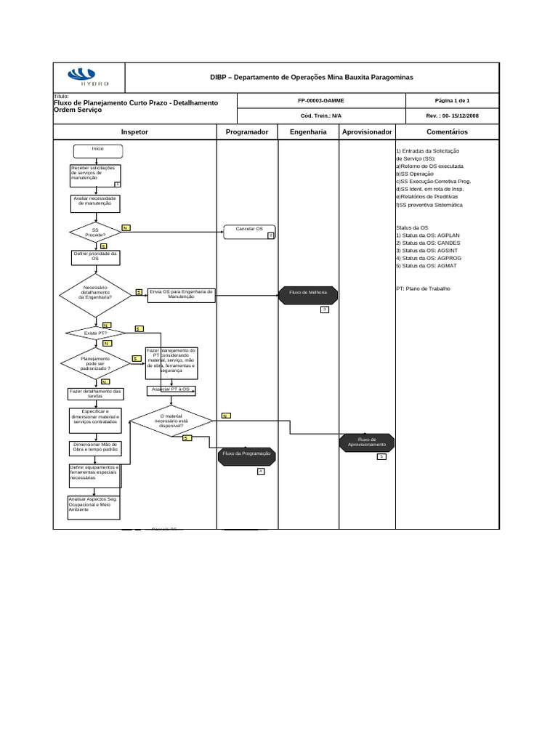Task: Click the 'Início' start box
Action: (x=97, y=150)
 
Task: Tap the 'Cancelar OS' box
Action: (x=249, y=232)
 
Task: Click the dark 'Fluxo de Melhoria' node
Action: (x=308, y=293)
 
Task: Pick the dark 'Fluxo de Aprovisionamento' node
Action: (x=367, y=442)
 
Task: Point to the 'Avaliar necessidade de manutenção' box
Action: (x=97, y=202)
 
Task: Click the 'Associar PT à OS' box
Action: (x=171, y=390)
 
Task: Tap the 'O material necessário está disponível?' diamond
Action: (x=171, y=420)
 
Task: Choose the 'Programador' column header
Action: (x=247, y=132)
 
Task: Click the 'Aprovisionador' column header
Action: (x=368, y=132)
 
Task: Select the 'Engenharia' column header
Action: (x=308, y=132)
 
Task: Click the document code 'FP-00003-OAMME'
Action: (x=320, y=101)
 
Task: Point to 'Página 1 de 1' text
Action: (x=453, y=101)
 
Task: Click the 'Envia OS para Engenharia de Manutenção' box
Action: (x=180, y=295)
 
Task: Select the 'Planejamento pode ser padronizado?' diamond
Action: (x=95, y=363)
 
